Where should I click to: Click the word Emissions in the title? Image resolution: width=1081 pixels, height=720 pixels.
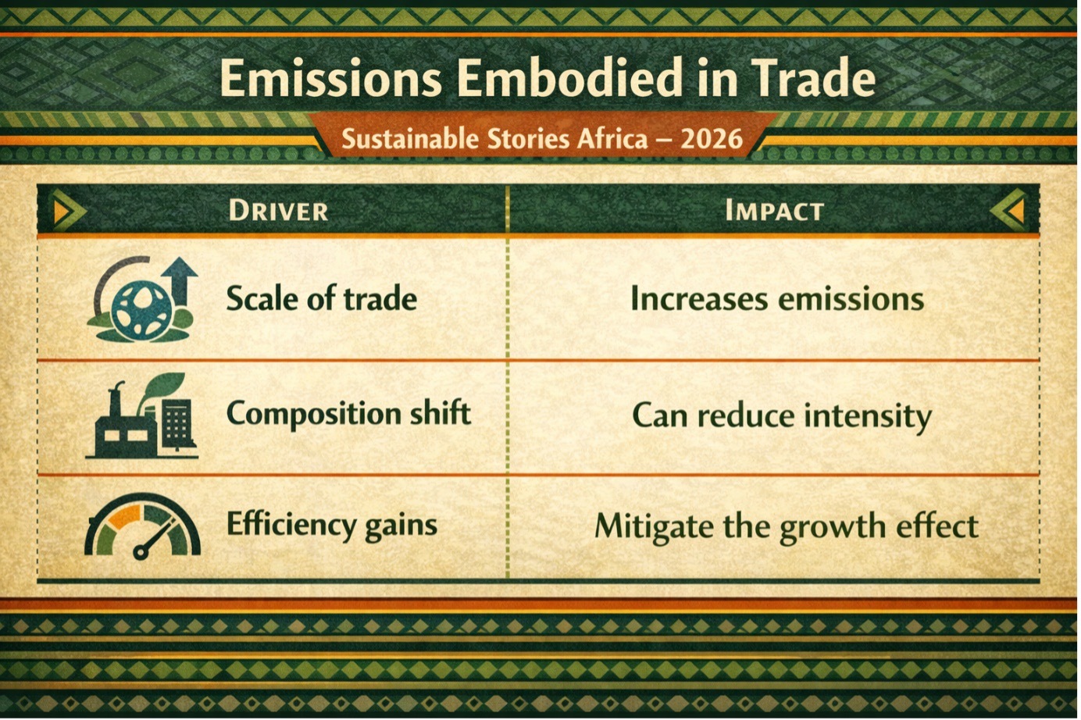(330, 78)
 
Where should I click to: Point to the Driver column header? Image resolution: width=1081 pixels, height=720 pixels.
(279, 211)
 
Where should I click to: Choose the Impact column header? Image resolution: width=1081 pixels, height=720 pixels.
(775, 211)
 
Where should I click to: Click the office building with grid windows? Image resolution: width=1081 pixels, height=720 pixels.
(178, 425)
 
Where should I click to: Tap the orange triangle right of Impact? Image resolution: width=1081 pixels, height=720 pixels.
(1015, 212)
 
